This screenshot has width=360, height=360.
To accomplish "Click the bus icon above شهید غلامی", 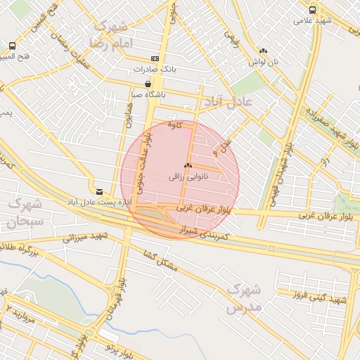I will [313, 10].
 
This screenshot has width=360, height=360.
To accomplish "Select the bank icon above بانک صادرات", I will [155, 59].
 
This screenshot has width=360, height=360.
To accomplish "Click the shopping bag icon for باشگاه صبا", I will [147, 83].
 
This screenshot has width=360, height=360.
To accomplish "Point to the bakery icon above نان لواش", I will [263, 51].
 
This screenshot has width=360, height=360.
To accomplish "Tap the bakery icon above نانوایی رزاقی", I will [187, 166].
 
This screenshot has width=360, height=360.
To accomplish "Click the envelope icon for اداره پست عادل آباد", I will [99, 191].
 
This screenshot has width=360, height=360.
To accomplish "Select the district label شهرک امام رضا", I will [108, 34].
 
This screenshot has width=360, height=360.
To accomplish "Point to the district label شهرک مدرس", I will [245, 298].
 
